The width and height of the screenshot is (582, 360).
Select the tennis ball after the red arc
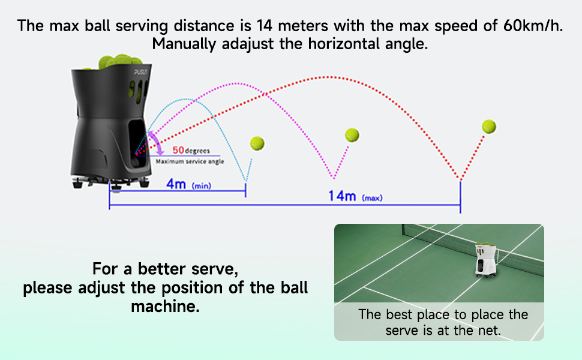pyautogui.click(x=489, y=127)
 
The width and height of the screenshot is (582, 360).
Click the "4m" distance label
pyautogui.click(x=176, y=184)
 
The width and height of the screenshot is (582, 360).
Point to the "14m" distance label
pyautogui.click(x=343, y=196)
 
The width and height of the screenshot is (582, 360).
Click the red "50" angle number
pyautogui.click(x=178, y=150)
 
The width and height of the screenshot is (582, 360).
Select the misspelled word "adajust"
pyautogui.click(x=267, y=44)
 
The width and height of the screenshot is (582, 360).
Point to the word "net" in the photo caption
pyautogui.click(x=488, y=331)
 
